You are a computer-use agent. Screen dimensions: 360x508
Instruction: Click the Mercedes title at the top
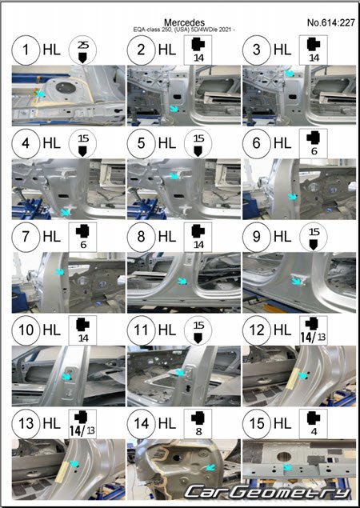[184, 22]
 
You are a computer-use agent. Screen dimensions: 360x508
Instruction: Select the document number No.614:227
[331, 22]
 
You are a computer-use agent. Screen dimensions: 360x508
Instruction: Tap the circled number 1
[26, 50]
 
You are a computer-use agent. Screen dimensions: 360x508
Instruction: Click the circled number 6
[256, 143]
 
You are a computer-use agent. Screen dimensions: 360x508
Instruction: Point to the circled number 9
[256, 237]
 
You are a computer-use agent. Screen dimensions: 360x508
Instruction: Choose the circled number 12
[256, 330]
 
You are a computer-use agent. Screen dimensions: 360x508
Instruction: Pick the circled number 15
[256, 423]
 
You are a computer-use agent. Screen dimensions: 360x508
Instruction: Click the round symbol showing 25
[82, 50]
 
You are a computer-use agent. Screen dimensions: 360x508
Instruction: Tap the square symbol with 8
[198, 423]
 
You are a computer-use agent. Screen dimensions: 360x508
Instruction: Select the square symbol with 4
[314, 423]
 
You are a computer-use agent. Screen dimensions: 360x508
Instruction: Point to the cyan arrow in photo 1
[39, 94]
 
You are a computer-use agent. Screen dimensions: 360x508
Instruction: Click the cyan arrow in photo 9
[296, 281]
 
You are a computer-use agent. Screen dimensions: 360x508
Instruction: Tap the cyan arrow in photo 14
[210, 467]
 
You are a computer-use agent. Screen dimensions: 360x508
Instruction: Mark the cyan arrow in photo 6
[293, 196]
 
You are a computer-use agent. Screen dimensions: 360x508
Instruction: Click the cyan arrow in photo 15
[286, 467]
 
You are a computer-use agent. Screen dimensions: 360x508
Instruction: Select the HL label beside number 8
[167, 237]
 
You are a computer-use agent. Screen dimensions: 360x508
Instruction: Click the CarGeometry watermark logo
[268, 492]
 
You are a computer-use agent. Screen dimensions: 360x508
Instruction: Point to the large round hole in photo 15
[284, 456]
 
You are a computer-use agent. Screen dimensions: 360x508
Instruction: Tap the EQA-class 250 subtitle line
[184, 30]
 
